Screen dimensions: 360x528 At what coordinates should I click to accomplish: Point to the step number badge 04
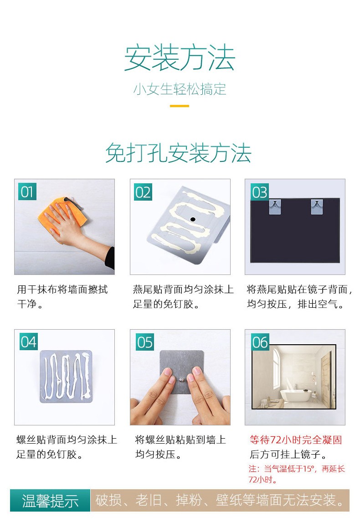28,342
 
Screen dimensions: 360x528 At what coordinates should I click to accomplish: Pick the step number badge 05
144,342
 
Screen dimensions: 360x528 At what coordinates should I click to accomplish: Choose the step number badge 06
260,342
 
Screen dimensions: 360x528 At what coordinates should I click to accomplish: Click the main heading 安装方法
180,57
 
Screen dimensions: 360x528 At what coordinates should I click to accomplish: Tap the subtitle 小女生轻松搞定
180,89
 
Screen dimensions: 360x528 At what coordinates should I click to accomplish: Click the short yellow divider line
180,106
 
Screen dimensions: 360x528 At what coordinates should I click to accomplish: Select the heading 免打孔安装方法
178,153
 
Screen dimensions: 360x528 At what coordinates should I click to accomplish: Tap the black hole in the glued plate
193,219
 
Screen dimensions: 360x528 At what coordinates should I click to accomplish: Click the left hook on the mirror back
275,207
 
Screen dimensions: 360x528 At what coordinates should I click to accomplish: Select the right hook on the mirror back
317,207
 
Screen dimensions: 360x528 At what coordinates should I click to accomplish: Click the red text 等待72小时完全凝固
296,440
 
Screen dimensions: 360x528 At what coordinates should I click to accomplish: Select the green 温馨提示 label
50,500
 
